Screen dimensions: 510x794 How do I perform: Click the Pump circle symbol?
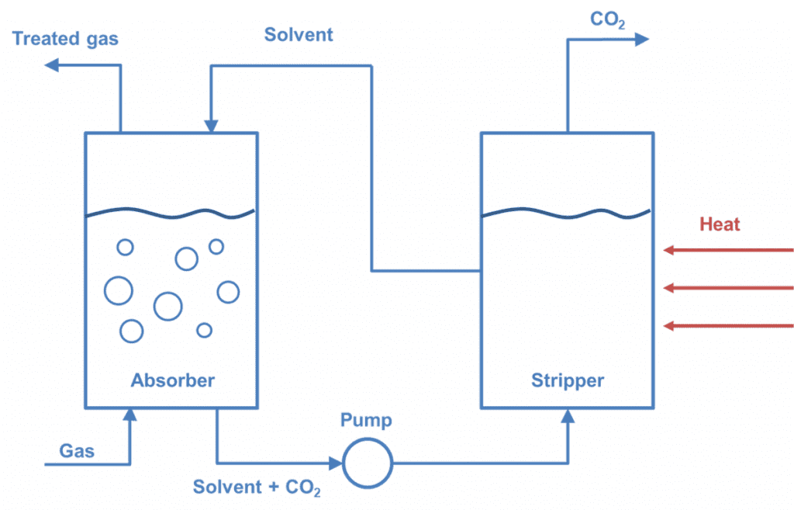point(368,463)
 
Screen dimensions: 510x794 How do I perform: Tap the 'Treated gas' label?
point(66,38)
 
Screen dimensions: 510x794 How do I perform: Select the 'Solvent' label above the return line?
point(299,35)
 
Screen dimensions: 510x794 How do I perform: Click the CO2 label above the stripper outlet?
point(608,19)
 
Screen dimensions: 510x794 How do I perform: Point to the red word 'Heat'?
point(720,224)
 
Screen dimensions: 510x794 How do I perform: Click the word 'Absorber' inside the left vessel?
point(172,380)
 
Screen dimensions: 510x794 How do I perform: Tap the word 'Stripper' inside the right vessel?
point(568,380)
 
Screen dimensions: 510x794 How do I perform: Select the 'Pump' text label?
point(366,421)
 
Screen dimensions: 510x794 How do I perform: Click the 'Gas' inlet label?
point(77,450)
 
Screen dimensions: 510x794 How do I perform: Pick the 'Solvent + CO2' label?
point(257,487)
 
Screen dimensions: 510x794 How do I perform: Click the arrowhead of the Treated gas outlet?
point(52,65)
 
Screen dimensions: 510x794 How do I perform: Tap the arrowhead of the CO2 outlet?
point(641,39)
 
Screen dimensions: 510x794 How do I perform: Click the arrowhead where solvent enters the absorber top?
point(210,126)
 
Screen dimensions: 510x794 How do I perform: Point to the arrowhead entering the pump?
point(336,463)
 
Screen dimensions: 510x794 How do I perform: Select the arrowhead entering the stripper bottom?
point(568,415)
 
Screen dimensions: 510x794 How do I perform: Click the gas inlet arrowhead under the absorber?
point(129,415)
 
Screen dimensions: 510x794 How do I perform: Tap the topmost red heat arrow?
point(729,250)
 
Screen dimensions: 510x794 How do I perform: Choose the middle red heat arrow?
point(729,288)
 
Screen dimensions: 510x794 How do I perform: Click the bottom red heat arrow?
point(729,325)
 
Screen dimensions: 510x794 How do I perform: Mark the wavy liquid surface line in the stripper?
point(567,213)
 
